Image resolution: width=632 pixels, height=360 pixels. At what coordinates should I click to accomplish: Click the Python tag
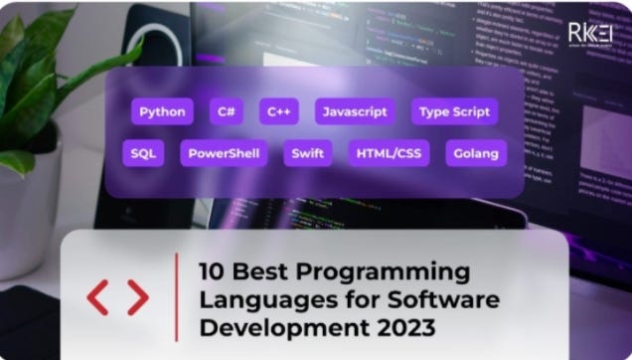pos(162,111)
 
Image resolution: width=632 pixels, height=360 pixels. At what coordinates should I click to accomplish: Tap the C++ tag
pos(279,111)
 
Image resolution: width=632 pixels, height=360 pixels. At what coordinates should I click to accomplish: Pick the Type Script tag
pos(454,111)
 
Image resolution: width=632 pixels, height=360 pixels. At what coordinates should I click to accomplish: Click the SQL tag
pos(143,154)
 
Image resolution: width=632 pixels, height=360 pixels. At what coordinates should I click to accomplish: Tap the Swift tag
pos(307,154)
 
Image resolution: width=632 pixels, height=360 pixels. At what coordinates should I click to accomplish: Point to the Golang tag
pos(476,154)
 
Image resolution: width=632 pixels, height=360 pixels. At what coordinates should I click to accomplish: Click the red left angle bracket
pos(98,297)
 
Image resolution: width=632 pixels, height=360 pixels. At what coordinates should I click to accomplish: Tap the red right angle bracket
pos(137,297)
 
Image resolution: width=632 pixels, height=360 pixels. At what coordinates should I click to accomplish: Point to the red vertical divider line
pos(176,296)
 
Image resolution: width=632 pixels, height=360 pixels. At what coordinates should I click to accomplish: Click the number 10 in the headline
pos(212,270)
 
